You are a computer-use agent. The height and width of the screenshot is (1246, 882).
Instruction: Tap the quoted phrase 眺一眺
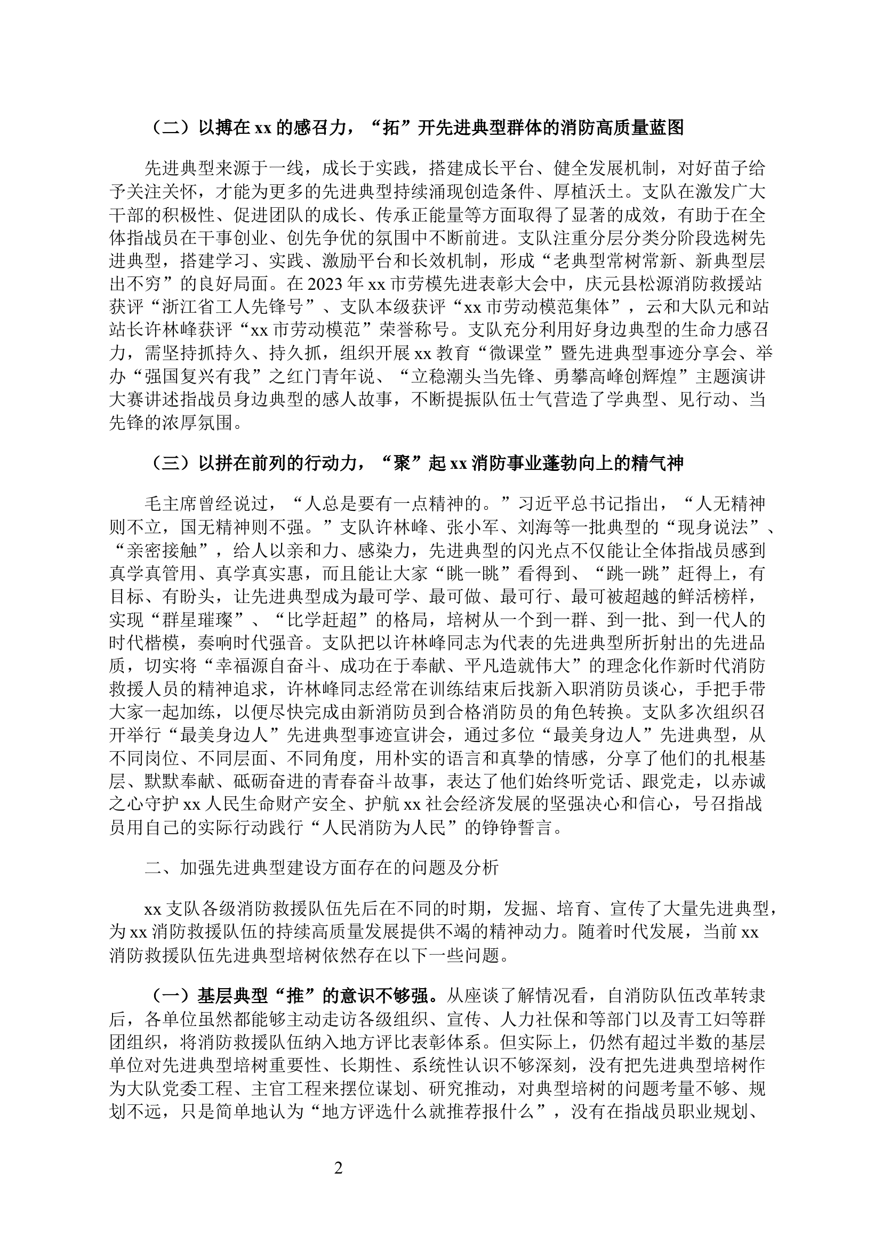476,573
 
